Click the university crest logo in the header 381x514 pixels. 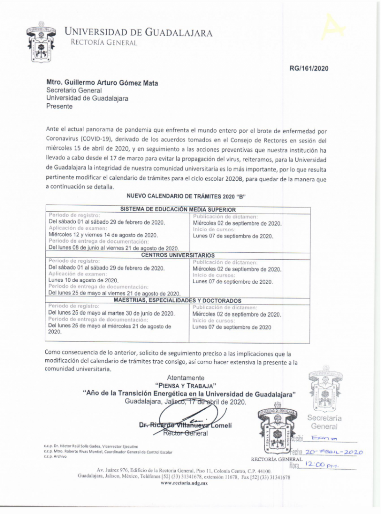point(41,41)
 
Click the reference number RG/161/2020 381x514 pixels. point(309,68)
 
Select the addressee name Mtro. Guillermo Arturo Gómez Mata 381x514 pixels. point(102,82)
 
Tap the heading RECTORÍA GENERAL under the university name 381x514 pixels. point(103,43)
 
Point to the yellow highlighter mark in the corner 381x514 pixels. point(333,27)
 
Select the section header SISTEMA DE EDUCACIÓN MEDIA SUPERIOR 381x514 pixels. point(178,209)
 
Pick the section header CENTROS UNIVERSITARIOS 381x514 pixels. point(178,255)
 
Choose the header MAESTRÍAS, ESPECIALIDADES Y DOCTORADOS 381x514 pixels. point(177,301)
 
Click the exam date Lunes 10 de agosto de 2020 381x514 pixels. point(83,281)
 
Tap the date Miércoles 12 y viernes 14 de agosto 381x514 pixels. point(103,235)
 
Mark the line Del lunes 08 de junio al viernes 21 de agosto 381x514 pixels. point(114,248)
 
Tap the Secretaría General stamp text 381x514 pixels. point(324,422)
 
